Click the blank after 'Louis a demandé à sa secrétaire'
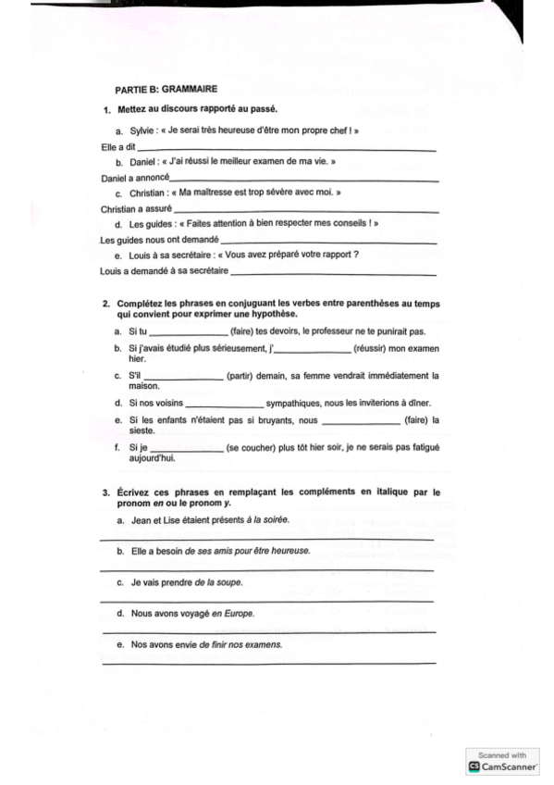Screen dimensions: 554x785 332,273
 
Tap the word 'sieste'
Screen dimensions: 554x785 142,430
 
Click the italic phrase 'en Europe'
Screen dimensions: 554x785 233,613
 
